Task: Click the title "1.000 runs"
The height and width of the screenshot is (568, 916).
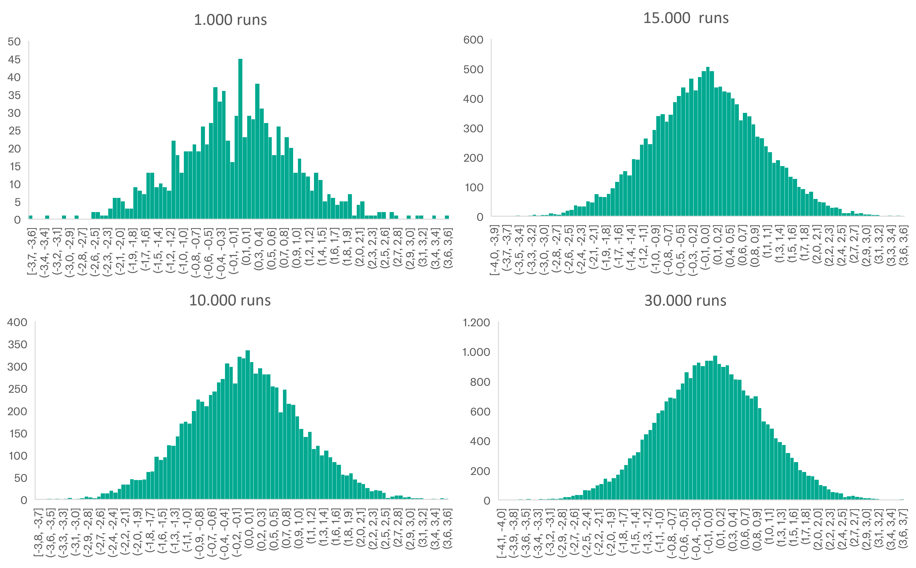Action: tap(230, 20)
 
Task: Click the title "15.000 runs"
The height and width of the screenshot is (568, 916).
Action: tap(686, 18)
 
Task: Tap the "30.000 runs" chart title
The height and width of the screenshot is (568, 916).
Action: tap(685, 301)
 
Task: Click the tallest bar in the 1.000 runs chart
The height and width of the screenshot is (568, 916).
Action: tap(240, 139)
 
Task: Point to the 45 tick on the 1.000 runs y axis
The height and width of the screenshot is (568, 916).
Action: tap(14, 59)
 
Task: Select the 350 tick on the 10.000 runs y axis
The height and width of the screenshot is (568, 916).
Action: tap(17, 344)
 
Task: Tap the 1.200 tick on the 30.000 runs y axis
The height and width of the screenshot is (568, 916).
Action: tap(476, 323)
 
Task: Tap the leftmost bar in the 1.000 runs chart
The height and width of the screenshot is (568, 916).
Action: tap(31, 217)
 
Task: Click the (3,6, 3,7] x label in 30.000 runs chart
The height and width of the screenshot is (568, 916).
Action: tap(904, 528)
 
